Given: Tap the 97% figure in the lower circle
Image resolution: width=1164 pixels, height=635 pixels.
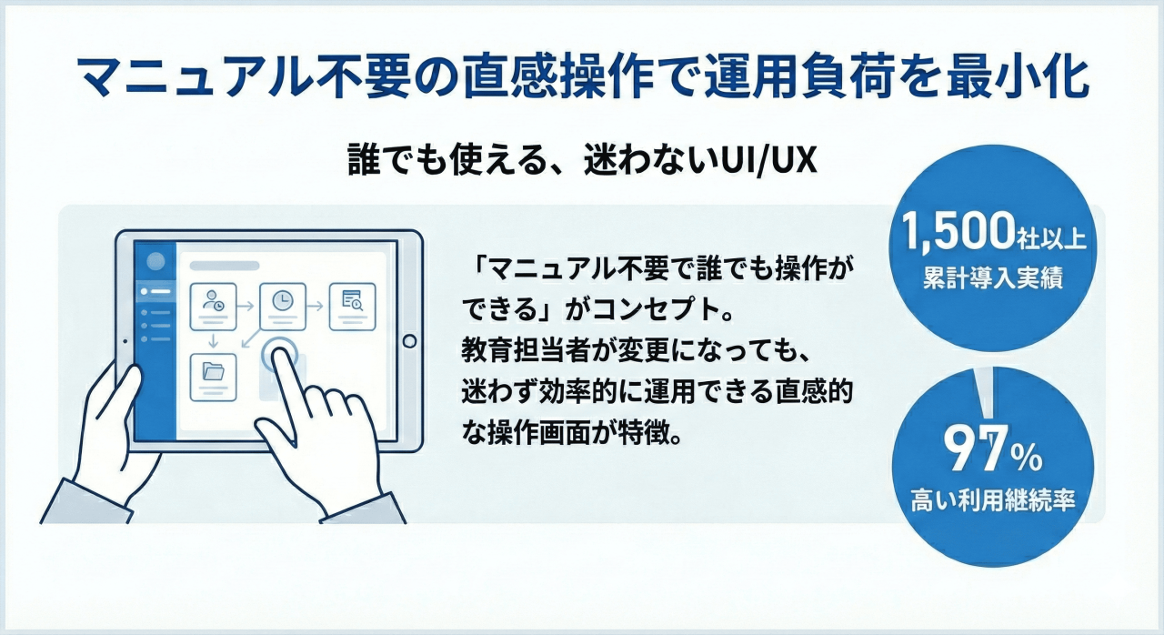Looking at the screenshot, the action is (x=992, y=449).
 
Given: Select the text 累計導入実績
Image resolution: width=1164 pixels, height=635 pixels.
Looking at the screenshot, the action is (x=993, y=277).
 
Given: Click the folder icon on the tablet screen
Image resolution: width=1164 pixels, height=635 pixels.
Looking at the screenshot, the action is (x=213, y=371).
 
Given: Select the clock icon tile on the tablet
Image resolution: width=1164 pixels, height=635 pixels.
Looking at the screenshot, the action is (x=282, y=307).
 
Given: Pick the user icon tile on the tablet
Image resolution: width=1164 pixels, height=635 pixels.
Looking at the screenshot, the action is (x=213, y=307).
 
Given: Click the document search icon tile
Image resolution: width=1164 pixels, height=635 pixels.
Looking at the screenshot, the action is (x=352, y=307).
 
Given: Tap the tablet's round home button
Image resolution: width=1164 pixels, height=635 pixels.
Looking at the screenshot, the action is (x=409, y=341).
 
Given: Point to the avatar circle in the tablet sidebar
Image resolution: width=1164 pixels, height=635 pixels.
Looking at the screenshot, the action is (x=156, y=261).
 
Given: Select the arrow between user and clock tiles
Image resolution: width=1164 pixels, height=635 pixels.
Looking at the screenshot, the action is (x=246, y=306).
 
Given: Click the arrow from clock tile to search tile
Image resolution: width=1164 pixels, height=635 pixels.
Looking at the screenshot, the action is (x=315, y=306).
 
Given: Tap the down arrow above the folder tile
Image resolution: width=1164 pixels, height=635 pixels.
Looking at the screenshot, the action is (x=213, y=341).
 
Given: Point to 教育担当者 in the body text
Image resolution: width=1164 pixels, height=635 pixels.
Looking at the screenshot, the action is (x=526, y=352).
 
